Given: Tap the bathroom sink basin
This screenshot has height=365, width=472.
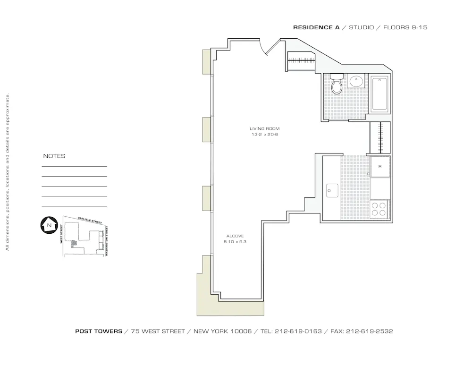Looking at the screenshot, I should (x=355, y=82).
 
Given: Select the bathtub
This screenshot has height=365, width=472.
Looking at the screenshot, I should (x=380, y=94).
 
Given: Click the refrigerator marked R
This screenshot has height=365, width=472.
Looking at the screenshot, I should (x=380, y=166).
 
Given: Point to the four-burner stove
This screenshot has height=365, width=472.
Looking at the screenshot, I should (x=379, y=209).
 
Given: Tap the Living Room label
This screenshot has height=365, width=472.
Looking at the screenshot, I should (x=265, y=129).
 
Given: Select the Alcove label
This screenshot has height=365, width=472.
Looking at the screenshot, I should (x=235, y=236).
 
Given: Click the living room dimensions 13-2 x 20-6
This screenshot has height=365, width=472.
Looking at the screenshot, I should (x=265, y=135).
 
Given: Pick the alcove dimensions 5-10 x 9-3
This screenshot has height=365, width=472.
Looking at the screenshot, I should (x=235, y=242).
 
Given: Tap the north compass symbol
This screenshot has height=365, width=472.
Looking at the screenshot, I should (x=49, y=225).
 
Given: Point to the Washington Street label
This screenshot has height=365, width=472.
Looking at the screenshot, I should (x=107, y=241).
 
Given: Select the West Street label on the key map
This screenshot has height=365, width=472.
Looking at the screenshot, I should (x=61, y=234).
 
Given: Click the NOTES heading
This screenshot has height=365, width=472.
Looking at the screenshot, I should (x=54, y=156).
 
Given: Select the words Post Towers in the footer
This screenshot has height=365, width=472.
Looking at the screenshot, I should (x=99, y=331).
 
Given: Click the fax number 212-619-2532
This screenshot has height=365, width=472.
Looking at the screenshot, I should (x=369, y=331).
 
